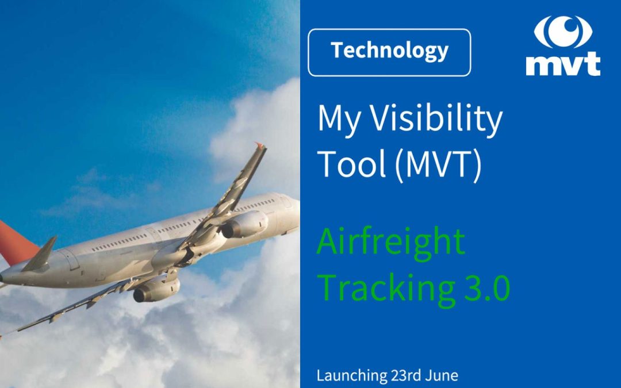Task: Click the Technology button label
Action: pyautogui.click(x=389, y=51)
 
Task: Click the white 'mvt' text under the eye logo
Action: pyautogui.click(x=563, y=64)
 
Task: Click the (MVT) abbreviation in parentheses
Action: pyautogui.click(x=436, y=164)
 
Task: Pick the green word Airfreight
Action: pyautogui.click(x=391, y=243)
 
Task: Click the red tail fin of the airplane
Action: pyautogui.click(x=14, y=241)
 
